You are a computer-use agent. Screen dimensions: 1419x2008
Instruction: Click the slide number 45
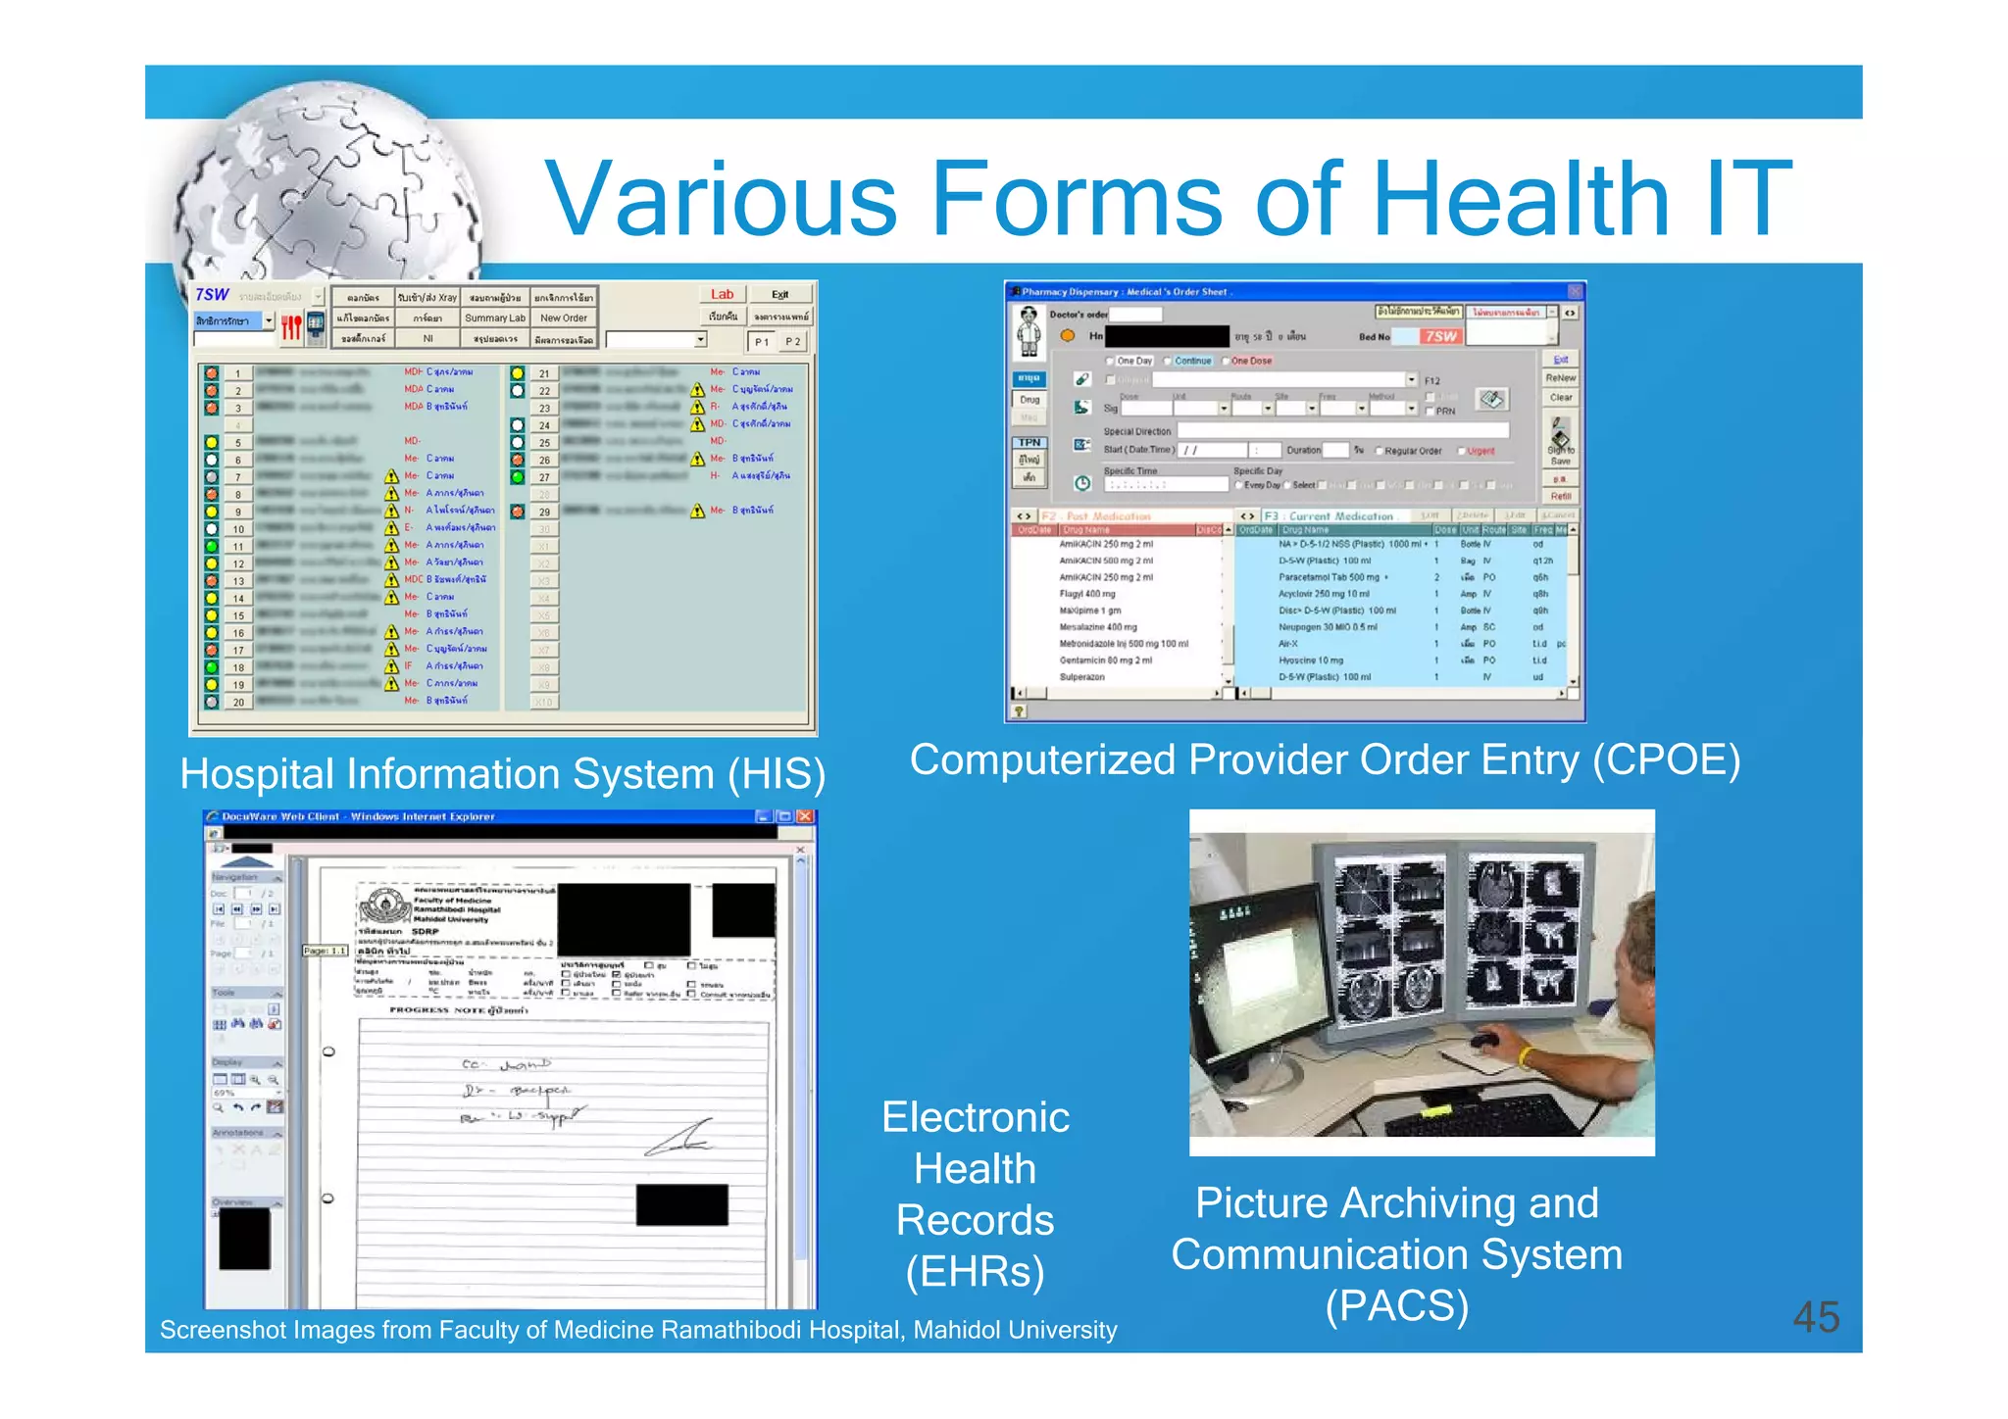click(1816, 1317)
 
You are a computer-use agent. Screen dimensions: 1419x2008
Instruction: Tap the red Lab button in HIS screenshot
click(722, 294)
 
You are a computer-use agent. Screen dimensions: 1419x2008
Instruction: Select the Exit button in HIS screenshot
click(779, 294)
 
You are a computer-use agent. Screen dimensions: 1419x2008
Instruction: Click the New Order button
click(564, 318)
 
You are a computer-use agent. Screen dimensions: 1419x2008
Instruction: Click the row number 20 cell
click(238, 702)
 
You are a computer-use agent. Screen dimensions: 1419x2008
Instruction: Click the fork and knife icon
click(291, 326)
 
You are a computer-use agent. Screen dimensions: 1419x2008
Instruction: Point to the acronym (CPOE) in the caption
click(1666, 760)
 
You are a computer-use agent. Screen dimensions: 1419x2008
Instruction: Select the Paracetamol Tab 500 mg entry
click(1329, 577)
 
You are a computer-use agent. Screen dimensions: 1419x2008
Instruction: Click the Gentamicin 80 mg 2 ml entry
click(1105, 661)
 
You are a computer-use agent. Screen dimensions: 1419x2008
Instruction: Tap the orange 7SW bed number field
click(1440, 336)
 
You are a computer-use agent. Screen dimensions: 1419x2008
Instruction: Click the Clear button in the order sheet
click(1561, 398)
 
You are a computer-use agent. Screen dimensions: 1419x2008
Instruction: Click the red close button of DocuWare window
click(805, 816)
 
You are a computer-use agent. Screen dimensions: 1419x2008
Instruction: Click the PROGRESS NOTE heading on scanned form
click(458, 1009)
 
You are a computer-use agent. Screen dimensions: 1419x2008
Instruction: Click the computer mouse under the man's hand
click(1484, 1041)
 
